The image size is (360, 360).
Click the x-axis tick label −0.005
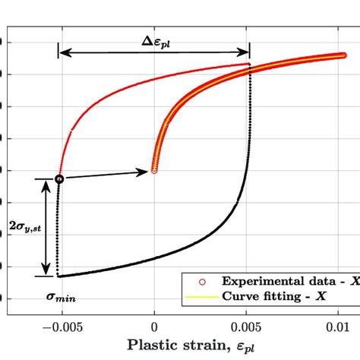(x=58, y=327)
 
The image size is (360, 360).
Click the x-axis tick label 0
(x=154, y=327)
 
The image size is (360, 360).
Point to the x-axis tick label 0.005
(x=248, y=327)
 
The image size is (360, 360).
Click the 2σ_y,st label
(x=23, y=226)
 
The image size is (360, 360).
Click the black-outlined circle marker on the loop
(x=59, y=179)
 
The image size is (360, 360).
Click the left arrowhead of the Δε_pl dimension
(x=62, y=52)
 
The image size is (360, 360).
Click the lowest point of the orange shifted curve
(x=154, y=170)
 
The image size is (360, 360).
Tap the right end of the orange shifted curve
(x=345, y=55)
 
